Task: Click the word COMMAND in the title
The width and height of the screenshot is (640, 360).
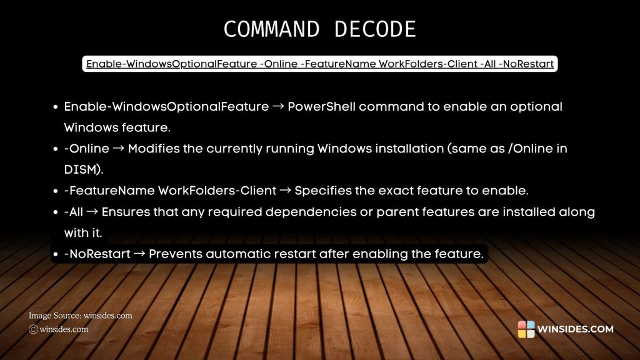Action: click(x=270, y=30)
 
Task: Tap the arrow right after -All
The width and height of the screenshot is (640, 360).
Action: click(x=92, y=212)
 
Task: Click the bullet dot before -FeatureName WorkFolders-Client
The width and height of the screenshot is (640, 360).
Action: click(x=56, y=191)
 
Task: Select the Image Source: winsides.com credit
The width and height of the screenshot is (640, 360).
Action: click(x=81, y=316)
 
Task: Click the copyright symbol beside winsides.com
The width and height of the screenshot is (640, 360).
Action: click(x=34, y=329)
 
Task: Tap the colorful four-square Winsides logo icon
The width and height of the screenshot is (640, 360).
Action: click(x=526, y=329)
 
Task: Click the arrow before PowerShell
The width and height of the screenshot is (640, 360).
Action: click(x=279, y=107)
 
